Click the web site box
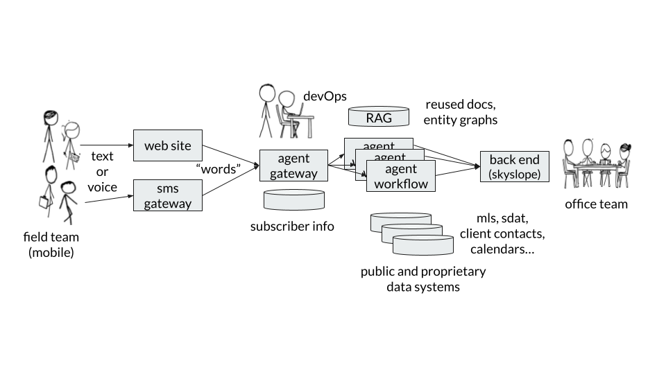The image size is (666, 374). click(167, 145)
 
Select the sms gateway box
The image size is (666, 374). click(167, 195)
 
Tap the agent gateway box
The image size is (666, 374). click(293, 166)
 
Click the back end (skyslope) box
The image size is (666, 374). click(514, 166)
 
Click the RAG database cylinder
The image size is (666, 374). click(379, 116)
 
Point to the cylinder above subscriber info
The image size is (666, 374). click(293, 200)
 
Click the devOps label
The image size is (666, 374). click(325, 96)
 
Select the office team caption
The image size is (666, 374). click(596, 204)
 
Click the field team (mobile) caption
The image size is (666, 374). click(51, 244)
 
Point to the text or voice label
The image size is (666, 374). click(101, 172)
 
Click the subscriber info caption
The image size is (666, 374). click(292, 226)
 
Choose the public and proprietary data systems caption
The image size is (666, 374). click(423, 278)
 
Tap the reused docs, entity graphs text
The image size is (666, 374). click(461, 112)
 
